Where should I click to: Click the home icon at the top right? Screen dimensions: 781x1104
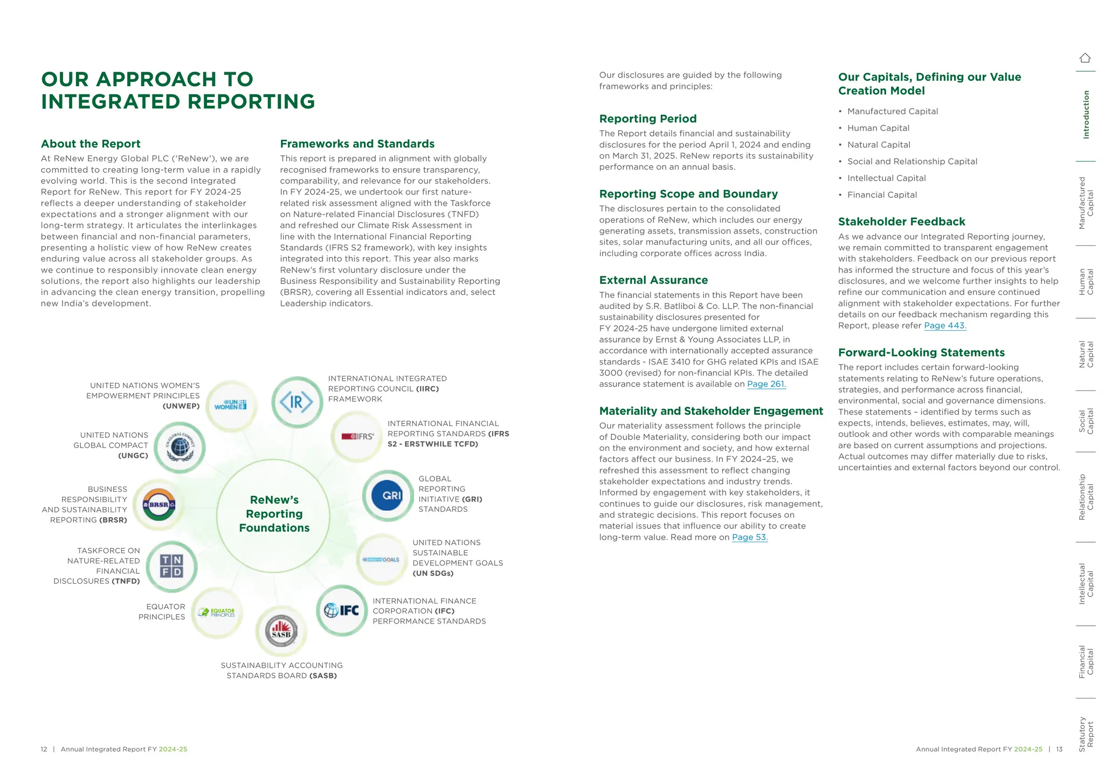coord(1085,58)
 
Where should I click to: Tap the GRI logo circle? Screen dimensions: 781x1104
coord(388,496)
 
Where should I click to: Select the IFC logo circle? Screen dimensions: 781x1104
coord(342,610)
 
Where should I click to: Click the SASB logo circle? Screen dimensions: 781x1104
coord(281,631)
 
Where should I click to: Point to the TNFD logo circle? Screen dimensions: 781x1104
coord(171,566)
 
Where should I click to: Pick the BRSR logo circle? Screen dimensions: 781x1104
coord(158,505)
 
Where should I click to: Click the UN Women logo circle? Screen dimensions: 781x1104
coord(231,405)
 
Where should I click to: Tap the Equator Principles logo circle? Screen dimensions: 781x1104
coord(217,612)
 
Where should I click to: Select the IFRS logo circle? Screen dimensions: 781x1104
coord(357,436)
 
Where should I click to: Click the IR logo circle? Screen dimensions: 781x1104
coord(296,402)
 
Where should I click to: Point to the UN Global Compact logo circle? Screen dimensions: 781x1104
coord(180,447)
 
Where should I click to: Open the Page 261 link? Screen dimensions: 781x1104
coord(766,384)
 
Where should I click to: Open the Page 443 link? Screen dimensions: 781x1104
coord(945,326)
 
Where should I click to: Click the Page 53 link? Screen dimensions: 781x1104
coord(749,537)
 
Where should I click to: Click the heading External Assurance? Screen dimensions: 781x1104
coord(653,280)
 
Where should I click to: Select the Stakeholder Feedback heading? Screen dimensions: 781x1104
coord(901,222)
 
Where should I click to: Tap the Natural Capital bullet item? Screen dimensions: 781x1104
coord(879,145)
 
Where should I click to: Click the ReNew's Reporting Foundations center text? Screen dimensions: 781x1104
coord(274,514)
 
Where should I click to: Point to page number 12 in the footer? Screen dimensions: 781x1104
coord(44,749)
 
